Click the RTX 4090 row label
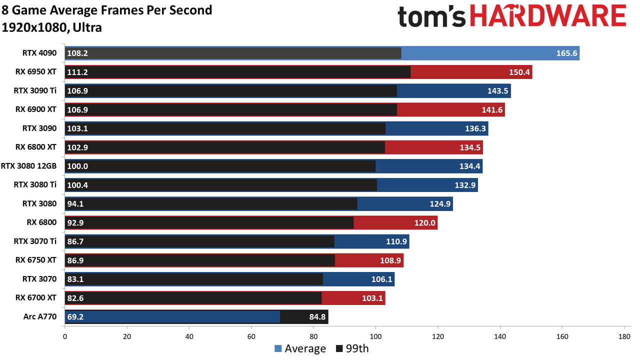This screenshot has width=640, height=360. tap(39, 53)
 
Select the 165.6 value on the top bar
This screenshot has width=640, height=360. tap(567, 53)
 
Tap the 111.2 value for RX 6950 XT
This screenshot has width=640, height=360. tap(77, 72)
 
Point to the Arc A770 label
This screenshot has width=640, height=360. tap(40, 316)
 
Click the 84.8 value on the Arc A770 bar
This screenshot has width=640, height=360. tap(317, 317)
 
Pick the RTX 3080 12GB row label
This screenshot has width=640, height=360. tap(28, 166)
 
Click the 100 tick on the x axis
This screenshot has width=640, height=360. tap(375, 336)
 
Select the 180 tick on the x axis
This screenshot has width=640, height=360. tap(624, 336)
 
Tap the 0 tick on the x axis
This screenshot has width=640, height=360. tap(65, 336)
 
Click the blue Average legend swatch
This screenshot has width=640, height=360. tap(278, 348)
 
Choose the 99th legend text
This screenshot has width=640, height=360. tap(357, 348)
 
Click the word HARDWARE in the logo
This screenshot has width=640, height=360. tap(548, 16)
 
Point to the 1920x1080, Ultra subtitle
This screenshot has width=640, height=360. tap(51, 27)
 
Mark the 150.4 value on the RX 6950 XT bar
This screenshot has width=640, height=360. tap(519, 72)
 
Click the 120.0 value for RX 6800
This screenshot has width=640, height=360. tap(425, 223)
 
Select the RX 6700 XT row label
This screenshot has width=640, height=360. tap(36, 297)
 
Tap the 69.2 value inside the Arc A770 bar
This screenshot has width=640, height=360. tap(75, 317)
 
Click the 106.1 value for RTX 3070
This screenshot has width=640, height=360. tap(381, 279)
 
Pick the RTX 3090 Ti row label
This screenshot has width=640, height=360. tap(35, 90)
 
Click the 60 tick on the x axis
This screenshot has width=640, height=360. tap(251, 336)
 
